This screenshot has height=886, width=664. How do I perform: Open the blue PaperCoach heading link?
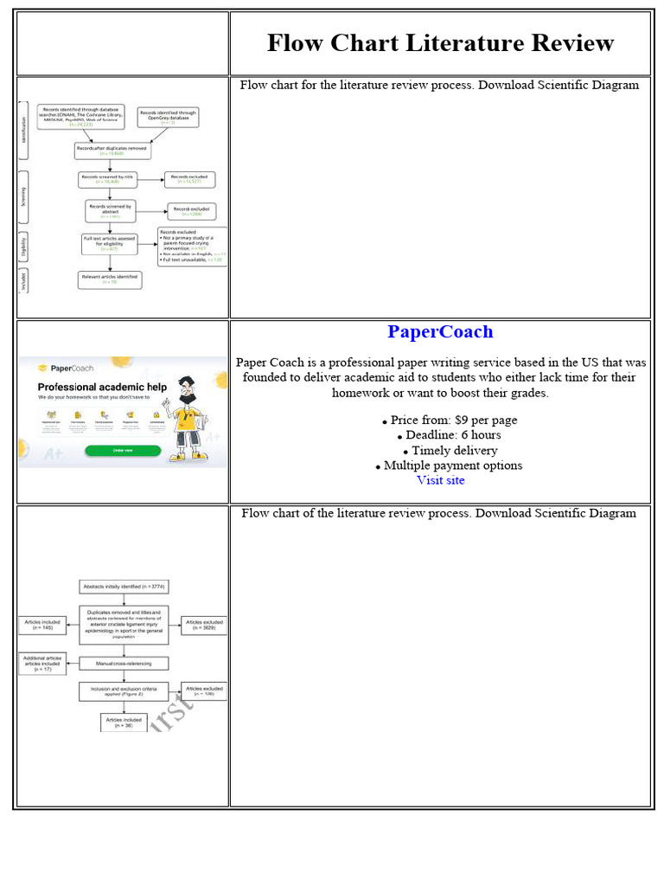click(440, 331)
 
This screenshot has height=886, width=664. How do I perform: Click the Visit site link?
click(440, 480)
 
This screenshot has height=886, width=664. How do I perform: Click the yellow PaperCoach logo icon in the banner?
click(42, 367)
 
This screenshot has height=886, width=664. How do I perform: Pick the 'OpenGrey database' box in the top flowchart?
click(168, 117)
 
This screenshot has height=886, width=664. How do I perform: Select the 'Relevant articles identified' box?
click(109, 279)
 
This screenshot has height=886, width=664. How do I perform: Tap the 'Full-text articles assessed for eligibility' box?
click(111, 243)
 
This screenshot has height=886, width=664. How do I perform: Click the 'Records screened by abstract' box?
click(109, 210)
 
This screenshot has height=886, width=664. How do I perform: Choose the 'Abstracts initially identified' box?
click(124, 587)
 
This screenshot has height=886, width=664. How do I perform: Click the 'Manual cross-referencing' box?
click(124, 664)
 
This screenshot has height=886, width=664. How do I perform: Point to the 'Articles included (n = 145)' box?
click(43, 624)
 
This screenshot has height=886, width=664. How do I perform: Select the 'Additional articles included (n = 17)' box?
click(42, 664)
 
